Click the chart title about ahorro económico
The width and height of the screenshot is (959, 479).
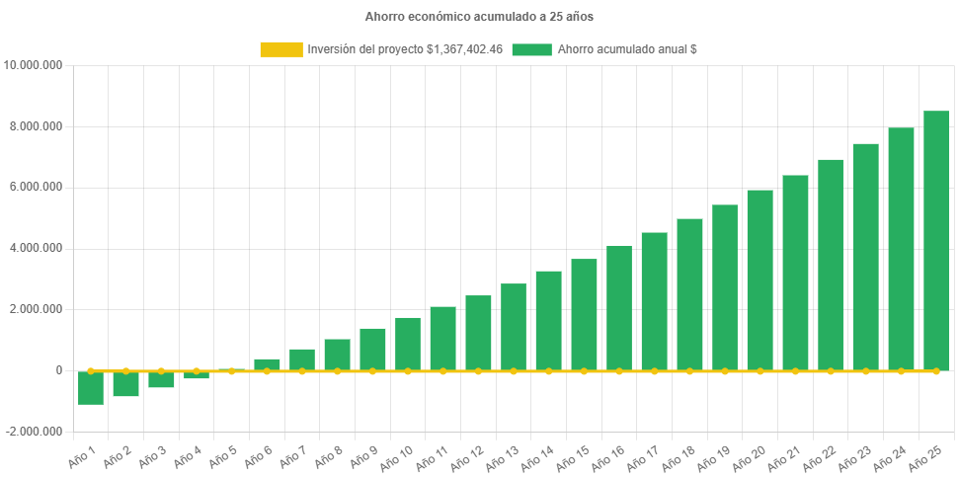click(x=479, y=17)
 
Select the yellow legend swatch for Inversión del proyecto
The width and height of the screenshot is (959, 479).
click(x=280, y=49)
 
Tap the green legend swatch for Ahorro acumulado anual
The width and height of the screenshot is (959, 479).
click(x=531, y=49)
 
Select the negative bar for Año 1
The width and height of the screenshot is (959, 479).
click(x=91, y=388)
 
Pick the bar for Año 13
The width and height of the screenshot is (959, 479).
click(x=514, y=327)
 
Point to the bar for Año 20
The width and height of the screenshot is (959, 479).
click(x=760, y=280)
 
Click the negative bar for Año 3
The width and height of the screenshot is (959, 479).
click(x=161, y=380)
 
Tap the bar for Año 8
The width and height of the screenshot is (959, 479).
click(x=338, y=355)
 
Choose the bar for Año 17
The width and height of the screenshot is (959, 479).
click(x=655, y=301)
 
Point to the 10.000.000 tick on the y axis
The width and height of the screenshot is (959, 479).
click(x=35, y=65)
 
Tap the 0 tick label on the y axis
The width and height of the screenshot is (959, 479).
click(x=59, y=370)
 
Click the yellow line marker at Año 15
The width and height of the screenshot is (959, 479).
click(x=584, y=371)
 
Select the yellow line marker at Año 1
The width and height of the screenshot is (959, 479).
click(x=91, y=371)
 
